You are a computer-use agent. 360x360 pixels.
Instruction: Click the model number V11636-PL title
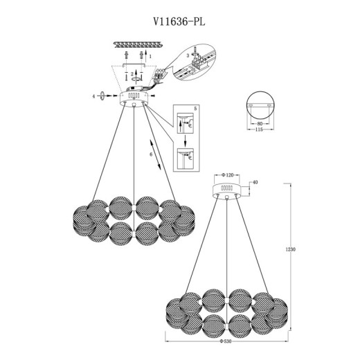coord(179,22)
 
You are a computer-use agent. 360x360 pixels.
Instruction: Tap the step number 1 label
coord(150,56)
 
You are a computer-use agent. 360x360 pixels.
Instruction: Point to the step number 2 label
coord(132,74)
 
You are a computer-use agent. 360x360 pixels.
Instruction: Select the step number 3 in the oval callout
coord(188,55)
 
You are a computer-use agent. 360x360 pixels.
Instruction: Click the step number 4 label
coord(93,96)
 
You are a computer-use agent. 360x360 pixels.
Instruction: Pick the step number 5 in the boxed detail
coord(195,109)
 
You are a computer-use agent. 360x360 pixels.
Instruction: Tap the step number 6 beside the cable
coord(151,154)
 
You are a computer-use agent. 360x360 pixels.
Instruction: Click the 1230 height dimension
coord(291,249)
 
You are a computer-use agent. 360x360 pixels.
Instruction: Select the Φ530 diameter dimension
coord(226,341)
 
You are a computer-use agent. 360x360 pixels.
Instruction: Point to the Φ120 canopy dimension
coord(228,175)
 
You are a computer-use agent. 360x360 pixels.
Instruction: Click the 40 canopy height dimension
coord(255,182)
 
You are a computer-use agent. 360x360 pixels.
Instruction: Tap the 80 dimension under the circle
coord(260,123)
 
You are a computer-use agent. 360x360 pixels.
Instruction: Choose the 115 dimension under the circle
coord(259,129)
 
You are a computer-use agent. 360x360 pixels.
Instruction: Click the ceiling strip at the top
coord(138,44)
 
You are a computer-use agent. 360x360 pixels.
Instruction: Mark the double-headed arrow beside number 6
coord(155,154)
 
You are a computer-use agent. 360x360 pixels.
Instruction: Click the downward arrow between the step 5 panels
coord(185,141)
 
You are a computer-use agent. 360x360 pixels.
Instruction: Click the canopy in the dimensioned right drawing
coord(226,190)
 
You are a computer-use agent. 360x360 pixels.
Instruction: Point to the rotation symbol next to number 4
coord(102,96)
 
